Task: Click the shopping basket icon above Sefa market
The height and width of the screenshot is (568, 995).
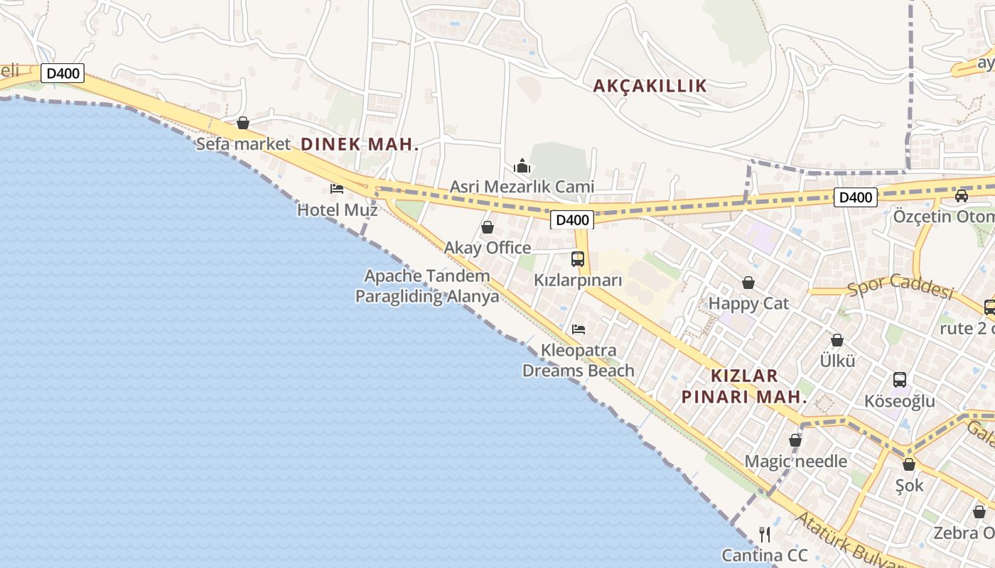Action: click(x=243, y=124)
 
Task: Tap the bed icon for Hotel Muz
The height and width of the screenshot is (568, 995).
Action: click(x=337, y=189)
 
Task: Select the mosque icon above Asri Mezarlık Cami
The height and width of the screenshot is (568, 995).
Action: click(x=522, y=166)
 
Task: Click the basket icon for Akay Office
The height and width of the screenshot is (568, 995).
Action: click(x=488, y=227)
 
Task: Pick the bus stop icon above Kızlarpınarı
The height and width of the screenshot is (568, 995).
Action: click(x=578, y=259)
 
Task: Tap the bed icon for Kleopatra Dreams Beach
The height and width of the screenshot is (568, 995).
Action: click(x=579, y=329)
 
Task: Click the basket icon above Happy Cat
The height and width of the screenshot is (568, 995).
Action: click(x=748, y=283)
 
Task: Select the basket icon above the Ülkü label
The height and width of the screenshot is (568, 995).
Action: click(x=837, y=340)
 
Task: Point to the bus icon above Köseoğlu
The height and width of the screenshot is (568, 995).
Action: click(x=900, y=380)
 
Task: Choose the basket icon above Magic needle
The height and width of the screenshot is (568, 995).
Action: click(x=795, y=440)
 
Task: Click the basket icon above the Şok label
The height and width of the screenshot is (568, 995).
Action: click(x=909, y=464)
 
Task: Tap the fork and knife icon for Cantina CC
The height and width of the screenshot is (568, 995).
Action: click(x=765, y=534)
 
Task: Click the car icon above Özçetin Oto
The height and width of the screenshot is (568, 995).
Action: click(x=962, y=196)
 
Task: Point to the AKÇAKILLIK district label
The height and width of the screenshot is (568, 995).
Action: click(x=650, y=86)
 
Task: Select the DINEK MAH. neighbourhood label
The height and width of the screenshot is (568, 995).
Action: click(x=360, y=143)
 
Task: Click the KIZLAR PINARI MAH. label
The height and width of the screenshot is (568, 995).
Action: click(x=745, y=386)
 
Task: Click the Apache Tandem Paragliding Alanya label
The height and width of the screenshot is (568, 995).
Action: click(x=427, y=286)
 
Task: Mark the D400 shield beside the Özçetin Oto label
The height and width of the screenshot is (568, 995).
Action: click(x=855, y=197)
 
